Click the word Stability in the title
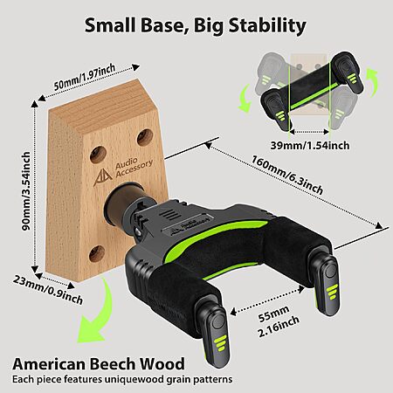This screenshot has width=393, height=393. pos(267,25)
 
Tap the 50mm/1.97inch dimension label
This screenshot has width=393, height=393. pos(85,77)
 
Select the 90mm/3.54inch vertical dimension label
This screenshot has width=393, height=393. pos(26,190)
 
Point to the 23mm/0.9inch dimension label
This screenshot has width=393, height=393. pos(48,289)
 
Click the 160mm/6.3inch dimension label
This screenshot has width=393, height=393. pos(287,175)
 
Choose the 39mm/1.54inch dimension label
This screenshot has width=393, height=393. pos(310,145)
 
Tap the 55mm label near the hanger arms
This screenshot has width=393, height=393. pos(274,314)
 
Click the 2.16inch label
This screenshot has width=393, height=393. pos(279,326)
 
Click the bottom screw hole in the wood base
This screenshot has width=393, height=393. pos(97,253)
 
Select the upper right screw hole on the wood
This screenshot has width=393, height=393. pos(145,137)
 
